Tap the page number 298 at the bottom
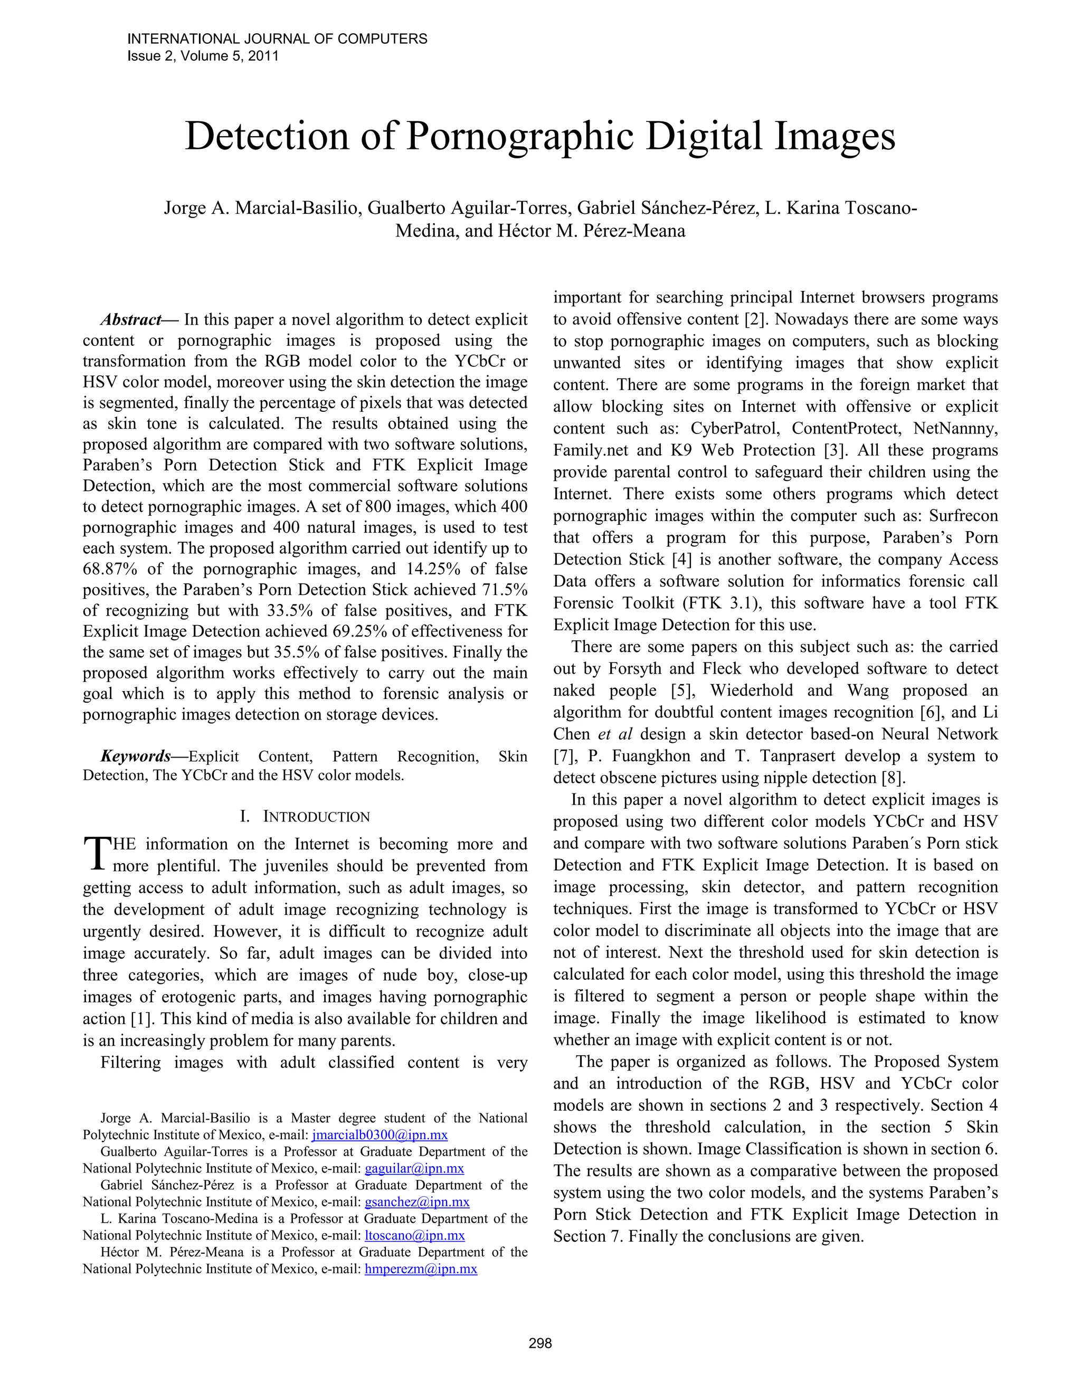point(540,1343)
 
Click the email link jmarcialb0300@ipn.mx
point(380,1135)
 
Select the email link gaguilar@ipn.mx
point(414,1168)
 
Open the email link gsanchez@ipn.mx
point(417,1202)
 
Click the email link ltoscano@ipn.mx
point(414,1235)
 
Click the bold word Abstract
point(131,319)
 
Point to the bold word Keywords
point(136,757)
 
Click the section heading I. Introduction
point(305,817)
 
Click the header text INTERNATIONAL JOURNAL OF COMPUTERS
point(277,39)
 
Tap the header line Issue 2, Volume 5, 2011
point(203,56)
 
